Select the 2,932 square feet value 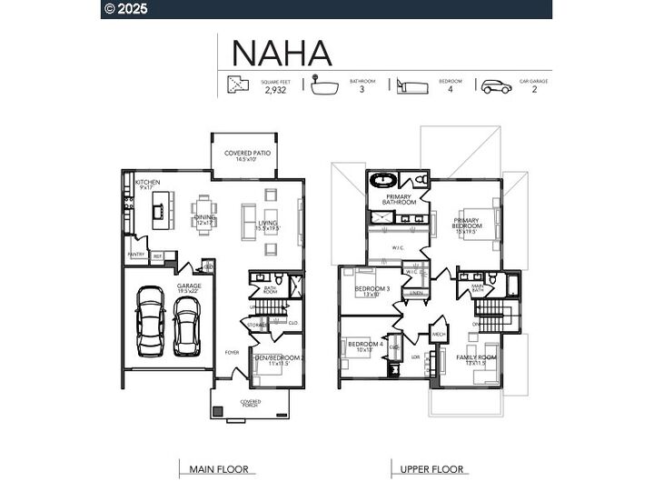[275, 90]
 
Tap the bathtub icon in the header [322, 85]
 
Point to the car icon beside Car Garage [496, 86]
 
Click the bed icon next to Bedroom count [411, 86]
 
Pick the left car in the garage [148, 323]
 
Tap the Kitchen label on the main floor [147, 183]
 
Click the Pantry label [136, 255]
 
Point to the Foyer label [233, 352]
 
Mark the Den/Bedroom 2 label [278, 359]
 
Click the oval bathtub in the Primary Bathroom [383, 180]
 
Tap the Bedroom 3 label [372, 289]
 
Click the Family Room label [476, 357]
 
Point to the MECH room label [439, 335]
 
